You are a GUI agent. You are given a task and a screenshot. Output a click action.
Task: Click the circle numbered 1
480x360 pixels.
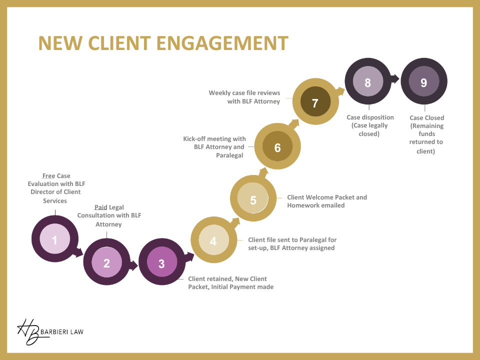tap(54, 240)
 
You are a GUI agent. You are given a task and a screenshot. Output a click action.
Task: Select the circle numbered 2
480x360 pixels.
tap(106, 263)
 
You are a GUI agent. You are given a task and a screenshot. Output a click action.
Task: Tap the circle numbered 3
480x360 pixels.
tap(161, 263)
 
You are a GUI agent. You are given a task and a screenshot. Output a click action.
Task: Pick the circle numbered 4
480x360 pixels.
tap(213, 241)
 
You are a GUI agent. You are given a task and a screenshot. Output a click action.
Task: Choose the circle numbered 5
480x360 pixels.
tap(253, 200)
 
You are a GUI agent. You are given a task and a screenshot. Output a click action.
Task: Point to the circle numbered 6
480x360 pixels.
tap(277, 147)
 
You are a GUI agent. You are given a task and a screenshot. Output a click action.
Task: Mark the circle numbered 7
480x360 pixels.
tap(315, 103)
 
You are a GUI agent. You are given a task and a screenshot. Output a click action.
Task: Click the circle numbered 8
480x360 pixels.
tap(367, 82)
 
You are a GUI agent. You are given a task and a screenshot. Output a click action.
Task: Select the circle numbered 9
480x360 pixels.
tap(424, 82)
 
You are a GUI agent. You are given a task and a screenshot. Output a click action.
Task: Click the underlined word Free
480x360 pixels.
tap(48, 176)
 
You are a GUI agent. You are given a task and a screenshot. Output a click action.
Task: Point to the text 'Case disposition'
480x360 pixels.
tap(370, 117)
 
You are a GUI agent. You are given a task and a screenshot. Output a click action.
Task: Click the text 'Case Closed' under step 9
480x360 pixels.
tap(426, 118)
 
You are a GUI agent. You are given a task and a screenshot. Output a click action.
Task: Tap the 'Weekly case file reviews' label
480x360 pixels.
tap(244, 93)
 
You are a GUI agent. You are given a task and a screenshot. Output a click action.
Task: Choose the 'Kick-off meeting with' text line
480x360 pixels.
tap(214, 138)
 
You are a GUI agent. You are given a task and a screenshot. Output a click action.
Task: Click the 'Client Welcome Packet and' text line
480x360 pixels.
tap(327, 197)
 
